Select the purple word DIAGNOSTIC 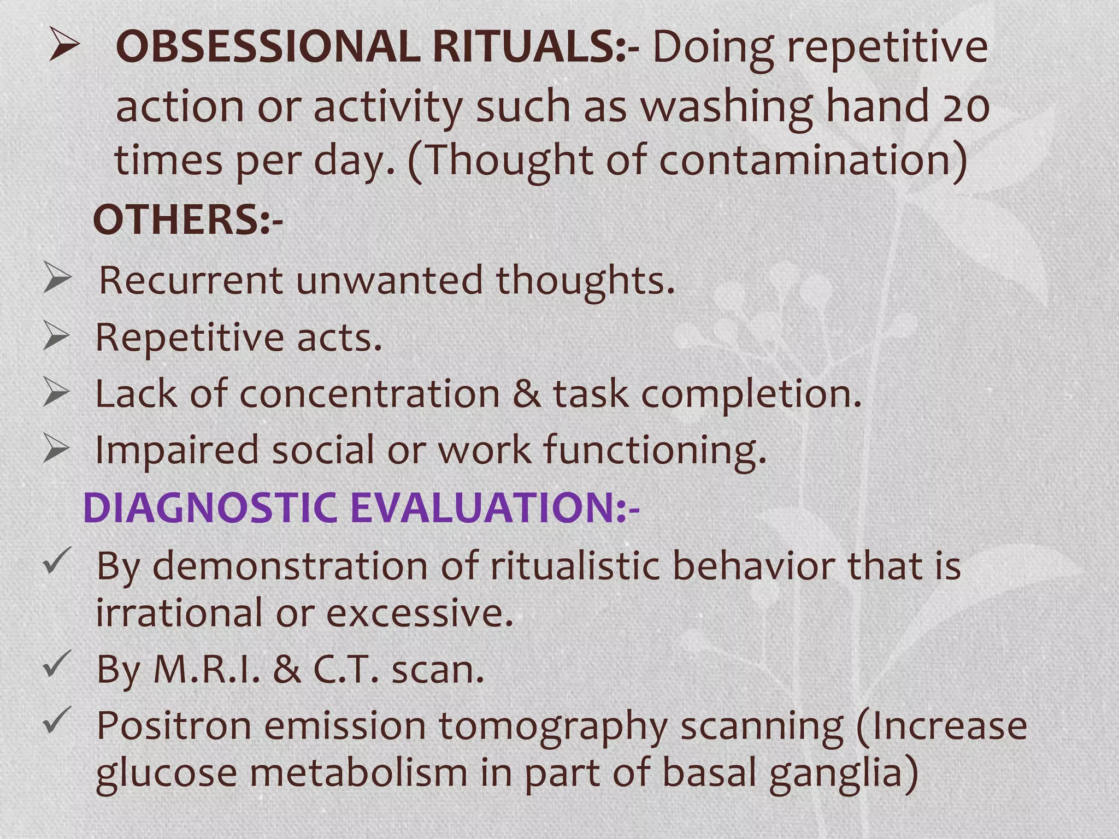(x=210, y=507)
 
